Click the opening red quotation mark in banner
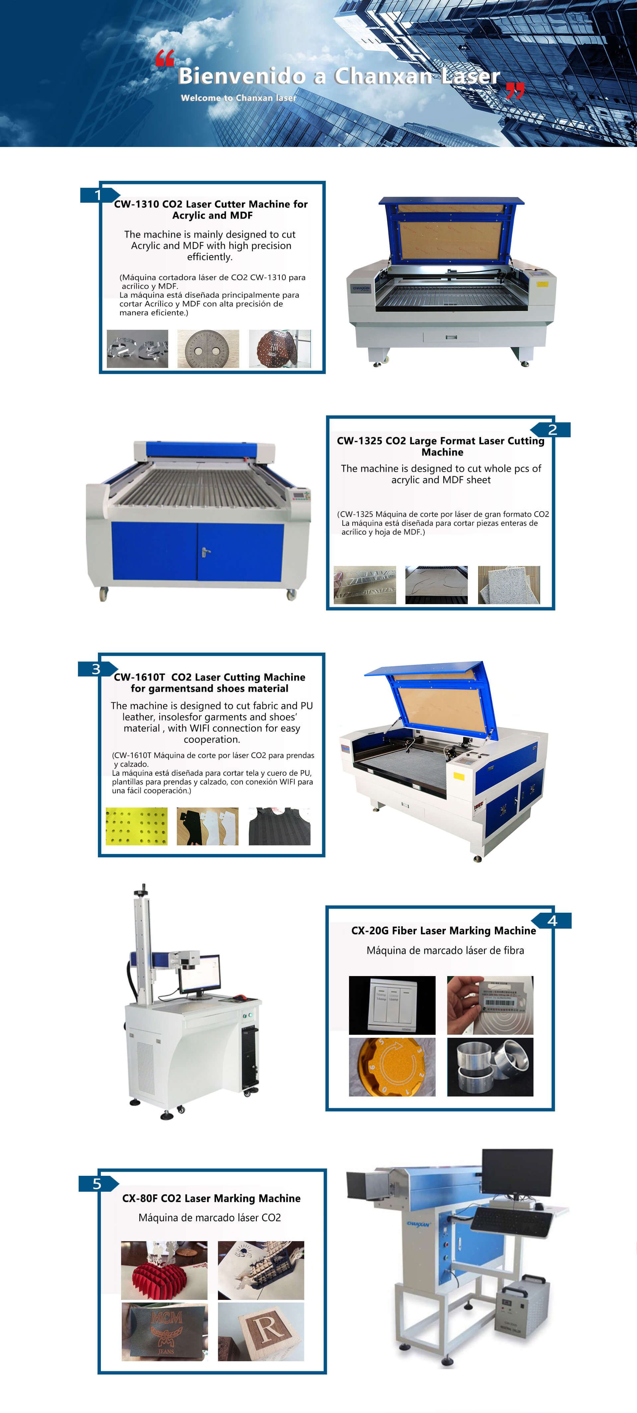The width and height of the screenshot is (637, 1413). (165, 58)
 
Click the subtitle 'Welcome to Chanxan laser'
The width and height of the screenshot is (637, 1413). (239, 98)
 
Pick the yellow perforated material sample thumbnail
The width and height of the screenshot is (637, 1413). (137, 826)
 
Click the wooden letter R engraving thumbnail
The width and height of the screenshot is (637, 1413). (261, 1332)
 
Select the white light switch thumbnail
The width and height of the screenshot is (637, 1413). (392, 1005)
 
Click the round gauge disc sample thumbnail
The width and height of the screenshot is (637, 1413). (208, 349)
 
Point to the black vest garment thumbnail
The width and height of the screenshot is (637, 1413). (280, 826)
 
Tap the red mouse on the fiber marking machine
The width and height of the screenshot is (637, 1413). (240, 997)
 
